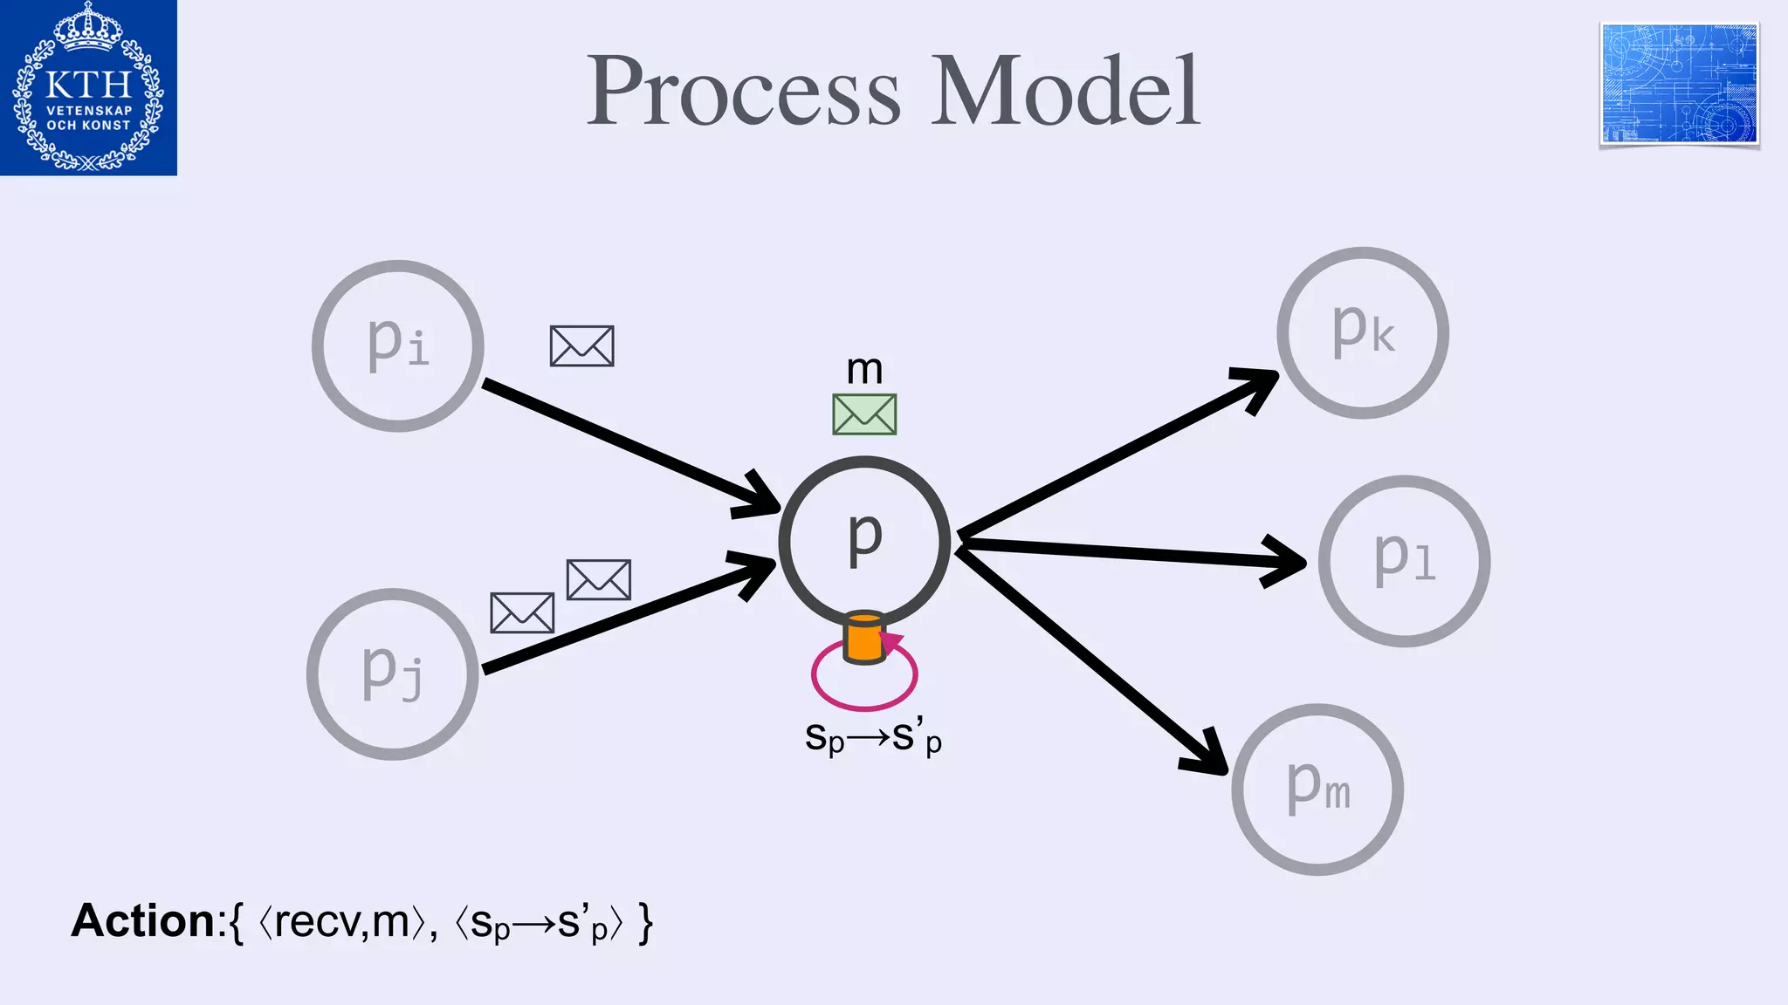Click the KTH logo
coord(88,87)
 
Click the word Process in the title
coord(743,91)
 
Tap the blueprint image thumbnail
coord(1679,84)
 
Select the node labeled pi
coord(398,345)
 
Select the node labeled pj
coord(393,673)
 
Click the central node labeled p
coord(864,541)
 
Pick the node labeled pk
coord(1363,332)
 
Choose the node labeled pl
coord(1404,561)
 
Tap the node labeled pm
coord(1317,789)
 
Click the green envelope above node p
coord(864,414)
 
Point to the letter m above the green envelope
coord(864,370)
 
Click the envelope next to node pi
coord(581,346)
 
